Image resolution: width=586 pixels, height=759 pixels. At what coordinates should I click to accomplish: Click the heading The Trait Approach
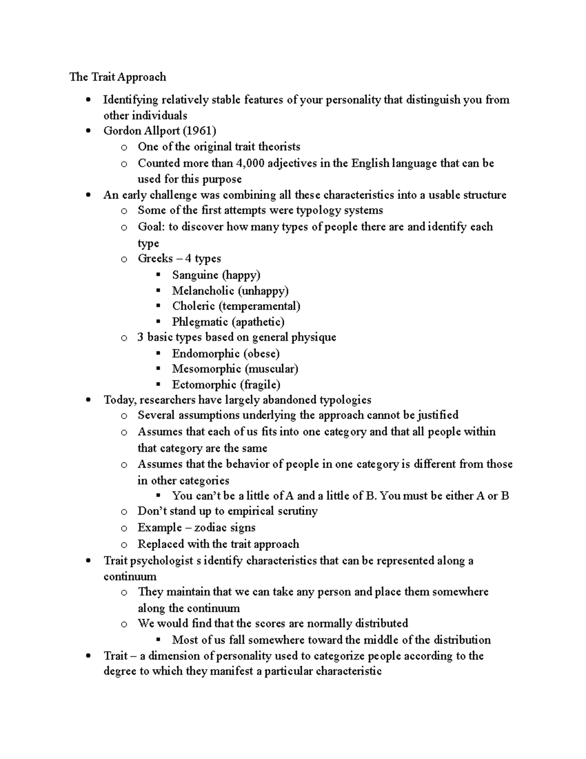pos(118,77)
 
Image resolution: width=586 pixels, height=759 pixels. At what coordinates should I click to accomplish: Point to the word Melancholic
pos(203,291)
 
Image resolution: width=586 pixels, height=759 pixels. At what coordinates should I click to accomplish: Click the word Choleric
pos(193,306)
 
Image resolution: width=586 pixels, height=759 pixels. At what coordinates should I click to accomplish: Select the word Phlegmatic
pos(200,322)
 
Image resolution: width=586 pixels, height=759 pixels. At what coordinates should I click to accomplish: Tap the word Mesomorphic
pos(206,369)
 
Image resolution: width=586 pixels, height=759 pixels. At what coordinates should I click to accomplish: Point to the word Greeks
pos(155,258)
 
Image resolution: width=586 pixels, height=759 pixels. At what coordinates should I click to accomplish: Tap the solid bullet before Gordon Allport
pos(88,131)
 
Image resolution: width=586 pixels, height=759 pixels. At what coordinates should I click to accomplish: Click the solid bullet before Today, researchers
pos(88,400)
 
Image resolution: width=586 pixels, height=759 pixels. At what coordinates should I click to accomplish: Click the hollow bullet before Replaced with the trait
pos(124,544)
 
